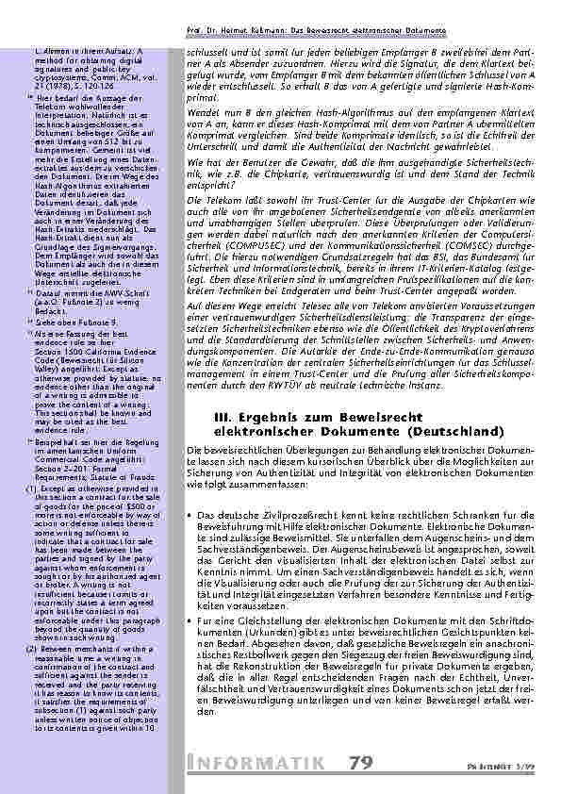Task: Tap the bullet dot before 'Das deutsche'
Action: point(192,515)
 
